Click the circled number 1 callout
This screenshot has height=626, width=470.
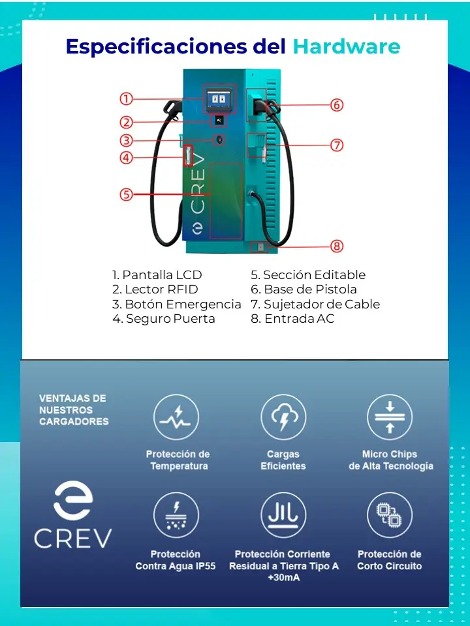[126, 98]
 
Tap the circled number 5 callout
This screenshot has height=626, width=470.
[126, 194]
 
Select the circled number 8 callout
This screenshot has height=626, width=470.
[337, 246]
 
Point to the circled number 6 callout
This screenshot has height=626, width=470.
[337, 105]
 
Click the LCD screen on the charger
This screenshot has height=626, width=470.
[219, 98]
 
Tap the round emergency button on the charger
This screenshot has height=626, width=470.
[219, 140]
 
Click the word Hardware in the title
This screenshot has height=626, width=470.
[347, 46]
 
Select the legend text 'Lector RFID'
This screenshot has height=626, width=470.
[161, 290]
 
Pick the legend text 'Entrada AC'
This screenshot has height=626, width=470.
[300, 319]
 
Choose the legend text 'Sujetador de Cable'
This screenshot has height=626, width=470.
[322, 305]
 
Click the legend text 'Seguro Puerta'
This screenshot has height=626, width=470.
[170, 319]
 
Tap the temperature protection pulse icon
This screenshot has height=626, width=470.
[176, 417]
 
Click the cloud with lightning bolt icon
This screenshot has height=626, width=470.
[283, 417]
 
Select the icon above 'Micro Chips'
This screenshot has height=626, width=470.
[390, 417]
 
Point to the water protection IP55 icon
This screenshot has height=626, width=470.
[176, 515]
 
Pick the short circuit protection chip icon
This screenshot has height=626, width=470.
[390, 515]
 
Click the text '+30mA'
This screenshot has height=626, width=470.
[284, 577]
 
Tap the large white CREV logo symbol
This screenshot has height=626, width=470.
[73, 500]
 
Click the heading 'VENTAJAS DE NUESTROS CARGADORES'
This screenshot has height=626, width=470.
[74, 410]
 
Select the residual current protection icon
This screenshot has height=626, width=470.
[283, 515]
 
